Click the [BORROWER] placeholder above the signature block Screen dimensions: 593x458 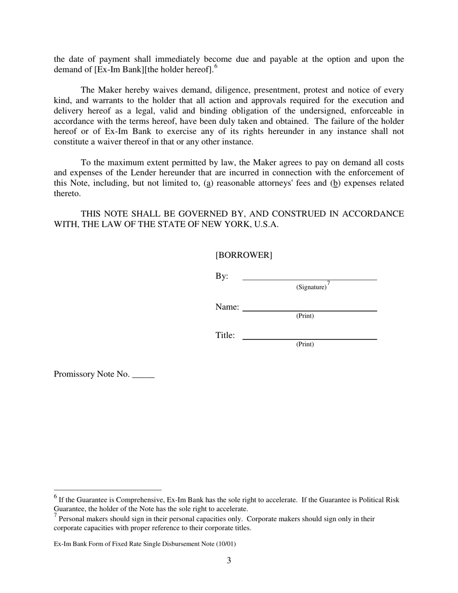[243, 255]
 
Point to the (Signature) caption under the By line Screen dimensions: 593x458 [311, 287]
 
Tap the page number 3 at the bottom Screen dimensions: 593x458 [229, 560]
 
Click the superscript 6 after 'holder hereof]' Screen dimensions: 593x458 [216, 67]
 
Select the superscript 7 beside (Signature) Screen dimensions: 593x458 [328, 283]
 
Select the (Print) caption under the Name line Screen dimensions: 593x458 [305, 316]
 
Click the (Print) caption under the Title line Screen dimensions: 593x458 [305, 344]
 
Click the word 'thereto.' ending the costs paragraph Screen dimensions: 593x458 [67, 193]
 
